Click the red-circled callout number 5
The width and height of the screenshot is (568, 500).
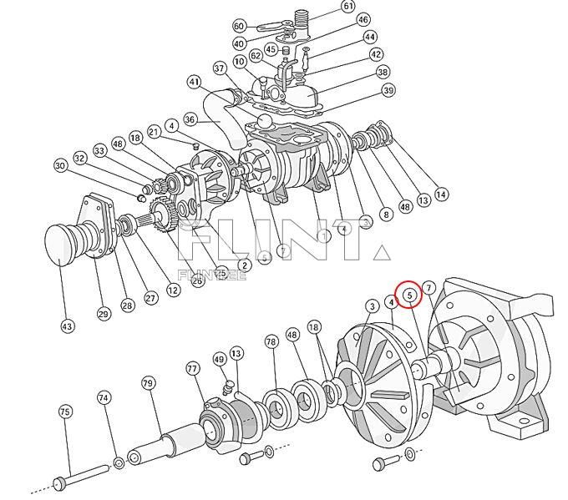click(x=409, y=294)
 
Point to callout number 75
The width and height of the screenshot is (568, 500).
click(x=65, y=411)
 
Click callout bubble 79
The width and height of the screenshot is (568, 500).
click(x=148, y=383)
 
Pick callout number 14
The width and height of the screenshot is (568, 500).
click(x=441, y=194)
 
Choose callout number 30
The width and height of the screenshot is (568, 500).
click(x=60, y=166)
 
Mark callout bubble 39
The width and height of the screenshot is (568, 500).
click(x=388, y=90)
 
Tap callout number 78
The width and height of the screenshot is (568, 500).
click(x=271, y=341)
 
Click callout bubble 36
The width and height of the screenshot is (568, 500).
click(x=190, y=119)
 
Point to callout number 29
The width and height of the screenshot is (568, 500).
click(x=104, y=313)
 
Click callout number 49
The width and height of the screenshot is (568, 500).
click(x=220, y=359)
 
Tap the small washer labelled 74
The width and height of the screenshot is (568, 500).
click(x=119, y=462)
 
